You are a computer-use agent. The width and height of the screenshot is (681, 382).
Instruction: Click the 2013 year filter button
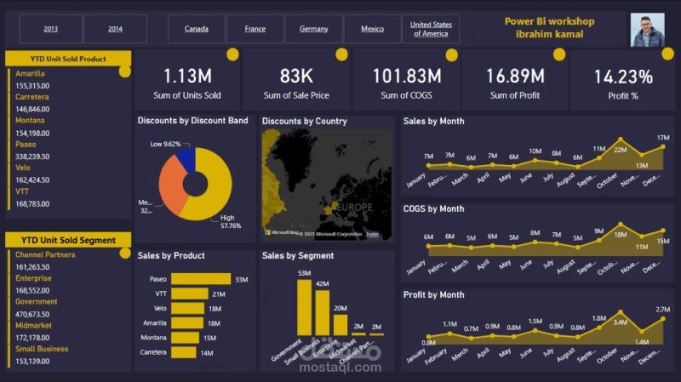(50, 29)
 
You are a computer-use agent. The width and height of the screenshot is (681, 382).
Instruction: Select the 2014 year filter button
(115, 29)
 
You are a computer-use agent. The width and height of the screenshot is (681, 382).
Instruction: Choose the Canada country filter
(196, 29)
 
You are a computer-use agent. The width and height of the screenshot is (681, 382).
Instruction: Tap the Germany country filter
(313, 29)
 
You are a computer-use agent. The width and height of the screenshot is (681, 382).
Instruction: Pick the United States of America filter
(430, 29)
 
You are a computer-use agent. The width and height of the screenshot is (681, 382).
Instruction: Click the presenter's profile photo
(647, 30)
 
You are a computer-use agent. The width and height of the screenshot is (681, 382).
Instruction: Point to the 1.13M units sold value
(187, 76)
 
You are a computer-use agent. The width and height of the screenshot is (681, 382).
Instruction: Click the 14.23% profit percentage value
(623, 76)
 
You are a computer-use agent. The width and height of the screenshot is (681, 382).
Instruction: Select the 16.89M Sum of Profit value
(515, 76)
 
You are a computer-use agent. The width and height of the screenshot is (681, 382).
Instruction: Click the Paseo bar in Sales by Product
(200, 279)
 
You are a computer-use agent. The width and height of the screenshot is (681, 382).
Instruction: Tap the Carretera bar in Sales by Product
(183, 352)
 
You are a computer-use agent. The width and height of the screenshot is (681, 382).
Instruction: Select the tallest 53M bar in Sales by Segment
(304, 307)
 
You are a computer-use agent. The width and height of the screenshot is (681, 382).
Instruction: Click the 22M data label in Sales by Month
(621, 150)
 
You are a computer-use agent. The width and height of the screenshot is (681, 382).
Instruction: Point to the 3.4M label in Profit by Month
(621, 322)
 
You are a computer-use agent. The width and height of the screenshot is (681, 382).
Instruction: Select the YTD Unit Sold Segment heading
(68, 240)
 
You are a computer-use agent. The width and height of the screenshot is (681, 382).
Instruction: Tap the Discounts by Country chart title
(304, 121)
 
